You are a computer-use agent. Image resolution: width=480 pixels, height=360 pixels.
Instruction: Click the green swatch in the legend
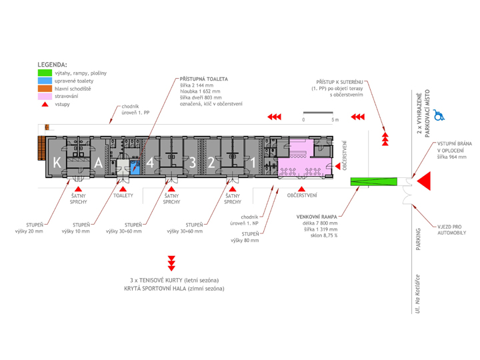tap(45, 73)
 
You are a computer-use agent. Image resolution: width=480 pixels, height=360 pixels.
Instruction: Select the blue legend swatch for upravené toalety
tap(45, 81)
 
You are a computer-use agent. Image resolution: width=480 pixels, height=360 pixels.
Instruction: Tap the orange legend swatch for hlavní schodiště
tap(45, 89)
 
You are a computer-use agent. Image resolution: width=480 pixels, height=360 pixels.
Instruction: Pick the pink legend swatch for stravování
tap(45, 96)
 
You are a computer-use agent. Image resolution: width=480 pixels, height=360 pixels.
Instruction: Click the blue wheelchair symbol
tap(439, 115)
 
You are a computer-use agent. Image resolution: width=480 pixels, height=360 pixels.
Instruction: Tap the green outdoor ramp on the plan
tap(374, 181)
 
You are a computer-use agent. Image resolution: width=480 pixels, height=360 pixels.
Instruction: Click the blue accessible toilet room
tap(135, 168)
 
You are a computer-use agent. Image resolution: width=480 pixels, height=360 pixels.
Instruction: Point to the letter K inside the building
tap(57, 163)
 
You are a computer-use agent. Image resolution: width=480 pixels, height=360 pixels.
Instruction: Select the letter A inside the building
tap(98, 163)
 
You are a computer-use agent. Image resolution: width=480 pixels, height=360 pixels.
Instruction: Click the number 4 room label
tap(150, 163)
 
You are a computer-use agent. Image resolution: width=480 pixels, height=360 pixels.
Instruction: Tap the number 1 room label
tap(253, 163)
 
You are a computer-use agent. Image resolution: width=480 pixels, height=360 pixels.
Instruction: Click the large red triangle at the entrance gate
tap(424, 181)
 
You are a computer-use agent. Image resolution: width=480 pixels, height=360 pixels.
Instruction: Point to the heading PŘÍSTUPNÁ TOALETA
tap(203, 79)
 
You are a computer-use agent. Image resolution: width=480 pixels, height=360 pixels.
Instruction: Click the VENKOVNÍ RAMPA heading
tap(317, 217)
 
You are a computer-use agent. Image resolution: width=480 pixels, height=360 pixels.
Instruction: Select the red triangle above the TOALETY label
tap(123, 189)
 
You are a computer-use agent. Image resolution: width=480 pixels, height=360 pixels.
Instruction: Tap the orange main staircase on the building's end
tap(41, 148)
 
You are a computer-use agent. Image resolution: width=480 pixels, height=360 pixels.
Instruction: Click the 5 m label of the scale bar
tap(335, 120)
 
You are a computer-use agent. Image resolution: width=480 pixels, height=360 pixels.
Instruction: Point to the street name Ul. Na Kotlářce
tap(417, 294)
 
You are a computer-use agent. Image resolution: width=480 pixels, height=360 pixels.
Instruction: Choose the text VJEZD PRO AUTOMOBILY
tap(451, 230)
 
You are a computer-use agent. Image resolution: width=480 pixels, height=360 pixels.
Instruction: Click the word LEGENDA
tap(52, 65)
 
